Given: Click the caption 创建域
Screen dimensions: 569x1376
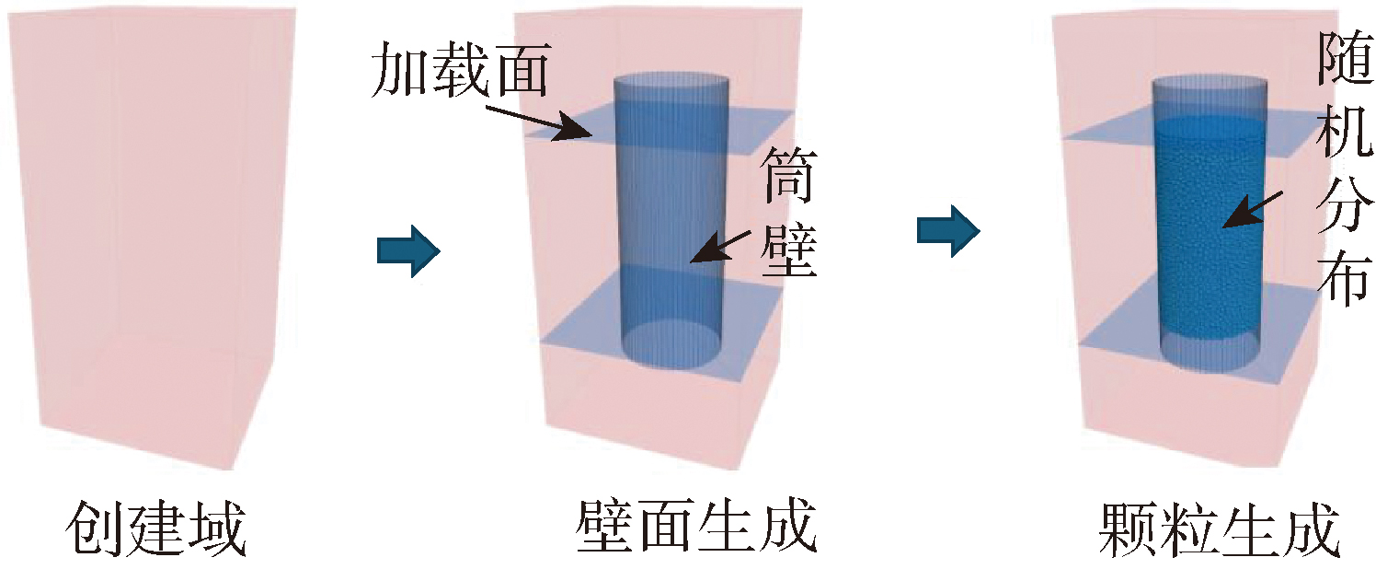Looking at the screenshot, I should click(155, 528).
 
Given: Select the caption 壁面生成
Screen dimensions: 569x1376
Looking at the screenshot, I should click(696, 528).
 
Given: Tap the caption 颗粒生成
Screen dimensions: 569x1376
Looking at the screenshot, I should click(1218, 528).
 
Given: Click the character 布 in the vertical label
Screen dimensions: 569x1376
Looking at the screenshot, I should click(1345, 278).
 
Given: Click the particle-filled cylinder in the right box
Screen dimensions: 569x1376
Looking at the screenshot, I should click(1209, 230).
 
